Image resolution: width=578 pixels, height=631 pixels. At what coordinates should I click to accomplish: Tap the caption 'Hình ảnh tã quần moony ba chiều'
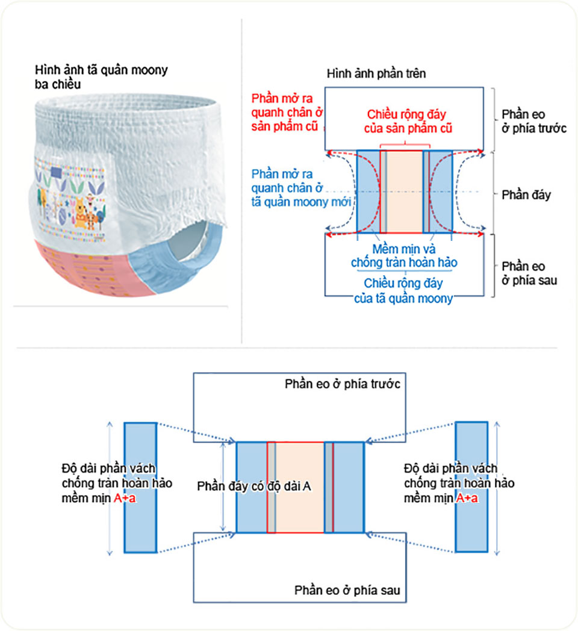click(x=101, y=77)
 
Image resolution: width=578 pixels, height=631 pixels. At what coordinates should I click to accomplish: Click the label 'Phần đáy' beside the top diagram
click(x=526, y=195)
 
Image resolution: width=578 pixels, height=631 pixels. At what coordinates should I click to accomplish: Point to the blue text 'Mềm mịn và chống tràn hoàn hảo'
click(x=405, y=256)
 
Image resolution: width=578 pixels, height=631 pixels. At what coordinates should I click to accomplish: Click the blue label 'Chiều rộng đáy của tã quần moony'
click(x=405, y=290)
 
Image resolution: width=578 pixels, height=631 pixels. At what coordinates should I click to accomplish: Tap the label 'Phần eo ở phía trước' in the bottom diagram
click(x=342, y=384)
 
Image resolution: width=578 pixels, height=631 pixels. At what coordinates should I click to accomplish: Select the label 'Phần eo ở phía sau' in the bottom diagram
click(x=347, y=590)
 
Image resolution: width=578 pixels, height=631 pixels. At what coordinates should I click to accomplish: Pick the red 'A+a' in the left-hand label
click(x=125, y=499)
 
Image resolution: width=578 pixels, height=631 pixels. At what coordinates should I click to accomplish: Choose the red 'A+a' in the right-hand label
click(x=468, y=499)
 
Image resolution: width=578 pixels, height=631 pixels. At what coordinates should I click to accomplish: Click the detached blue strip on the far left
click(x=140, y=487)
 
